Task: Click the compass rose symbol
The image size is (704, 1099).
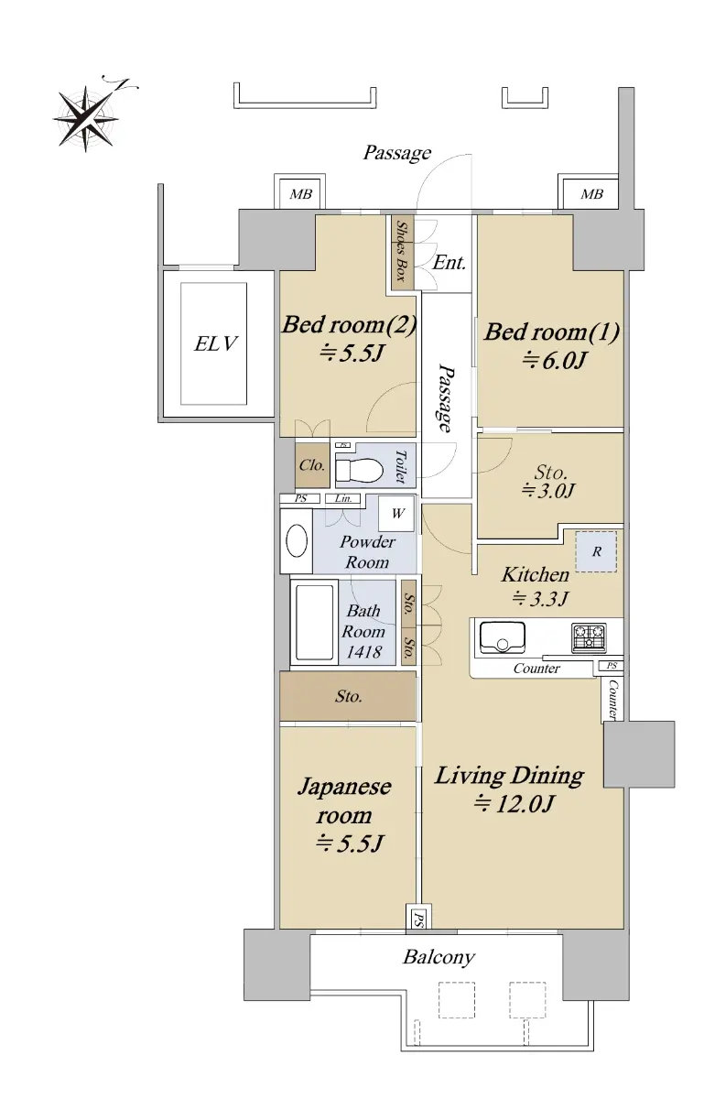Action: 87,118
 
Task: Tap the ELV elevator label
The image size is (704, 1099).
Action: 215,343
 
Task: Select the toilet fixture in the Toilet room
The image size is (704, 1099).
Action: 359,470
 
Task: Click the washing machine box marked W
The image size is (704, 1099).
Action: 396,514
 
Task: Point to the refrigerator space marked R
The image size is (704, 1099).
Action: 596,551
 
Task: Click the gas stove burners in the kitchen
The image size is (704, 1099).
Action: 589,637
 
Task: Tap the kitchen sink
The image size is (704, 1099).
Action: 503,637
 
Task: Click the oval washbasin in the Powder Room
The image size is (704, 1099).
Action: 297,540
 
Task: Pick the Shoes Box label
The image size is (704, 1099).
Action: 401,251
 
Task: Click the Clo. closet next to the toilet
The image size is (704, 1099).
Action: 312,465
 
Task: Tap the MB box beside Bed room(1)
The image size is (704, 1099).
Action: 590,194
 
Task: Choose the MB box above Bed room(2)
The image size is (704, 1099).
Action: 300,194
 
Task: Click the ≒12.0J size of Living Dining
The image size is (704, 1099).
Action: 514,803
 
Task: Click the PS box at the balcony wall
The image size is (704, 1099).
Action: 418,916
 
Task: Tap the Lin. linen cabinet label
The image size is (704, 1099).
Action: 343,498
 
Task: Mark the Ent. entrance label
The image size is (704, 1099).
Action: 449,263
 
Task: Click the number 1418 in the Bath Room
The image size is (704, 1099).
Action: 363,651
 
